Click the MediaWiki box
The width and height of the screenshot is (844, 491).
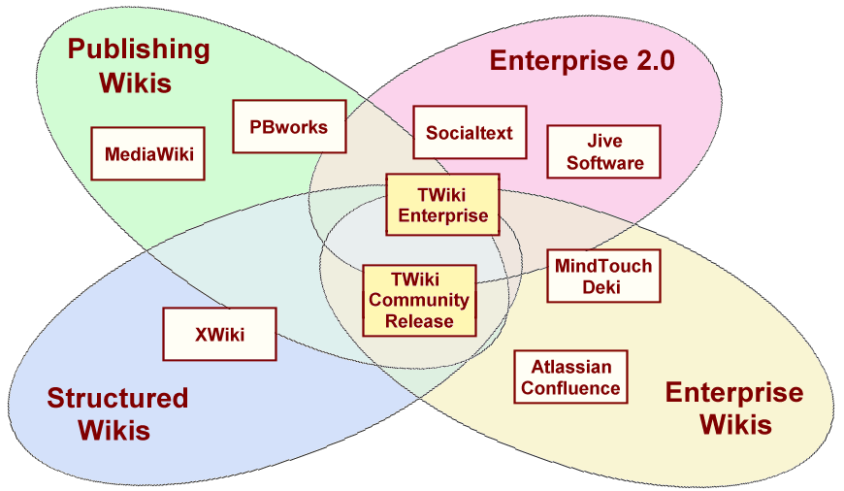pyautogui.click(x=148, y=152)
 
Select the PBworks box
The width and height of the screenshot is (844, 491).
pyautogui.click(x=289, y=127)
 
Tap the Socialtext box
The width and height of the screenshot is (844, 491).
pyautogui.click(x=470, y=133)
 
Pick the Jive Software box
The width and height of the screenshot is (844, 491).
pyautogui.click(x=604, y=151)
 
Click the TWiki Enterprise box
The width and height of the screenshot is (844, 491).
pyautogui.click(x=442, y=205)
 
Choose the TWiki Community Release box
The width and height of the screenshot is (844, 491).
pyautogui.click(x=419, y=300)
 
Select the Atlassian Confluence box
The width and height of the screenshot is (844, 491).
pyautogui.click(x=570, y=377)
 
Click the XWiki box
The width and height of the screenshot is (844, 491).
pyautogui.click(x=219, y=335)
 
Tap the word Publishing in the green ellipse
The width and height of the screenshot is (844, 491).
pyautogui.click(x=138, y=49)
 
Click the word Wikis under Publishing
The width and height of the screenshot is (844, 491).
pyautogui.click(x=134, y=82)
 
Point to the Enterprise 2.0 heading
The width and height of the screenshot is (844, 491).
pyautogui.click(x=582, y=61)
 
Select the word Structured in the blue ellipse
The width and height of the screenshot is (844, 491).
pyautogui.click(x=117, y=398)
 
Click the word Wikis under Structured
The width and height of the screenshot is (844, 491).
pyautogui.click(x=114, y=429)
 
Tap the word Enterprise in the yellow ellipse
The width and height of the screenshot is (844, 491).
pyautogui.click(x=734, y=393)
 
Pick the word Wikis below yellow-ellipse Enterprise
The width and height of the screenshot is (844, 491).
pyautogui.click(x=735, y=424)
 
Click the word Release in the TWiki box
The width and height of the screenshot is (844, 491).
pyautogui.click(x=419, y=321)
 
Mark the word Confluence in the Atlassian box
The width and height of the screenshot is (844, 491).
pyautogui.click(x=570, y=388)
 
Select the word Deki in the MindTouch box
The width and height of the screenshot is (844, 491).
pyautogui.click(x=603, y=287)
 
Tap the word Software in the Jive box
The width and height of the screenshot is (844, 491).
pyautogui.click(x=604, y=163)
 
